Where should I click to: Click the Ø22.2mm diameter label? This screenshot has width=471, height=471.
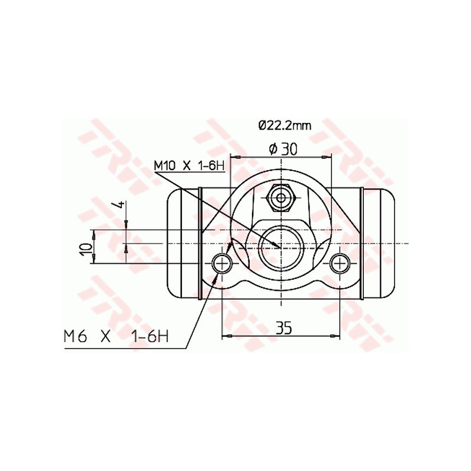pos(284,125)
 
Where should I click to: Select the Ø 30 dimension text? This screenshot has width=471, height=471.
pos(282,149)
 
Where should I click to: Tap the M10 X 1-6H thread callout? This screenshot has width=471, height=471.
pos(190,165)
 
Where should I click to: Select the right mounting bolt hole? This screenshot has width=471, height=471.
pos(340,263)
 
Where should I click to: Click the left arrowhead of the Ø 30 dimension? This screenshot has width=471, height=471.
pos(234,157)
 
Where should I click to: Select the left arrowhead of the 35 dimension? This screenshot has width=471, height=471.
pos(225,336)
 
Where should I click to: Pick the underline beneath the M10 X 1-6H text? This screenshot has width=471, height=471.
pos(190,173)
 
